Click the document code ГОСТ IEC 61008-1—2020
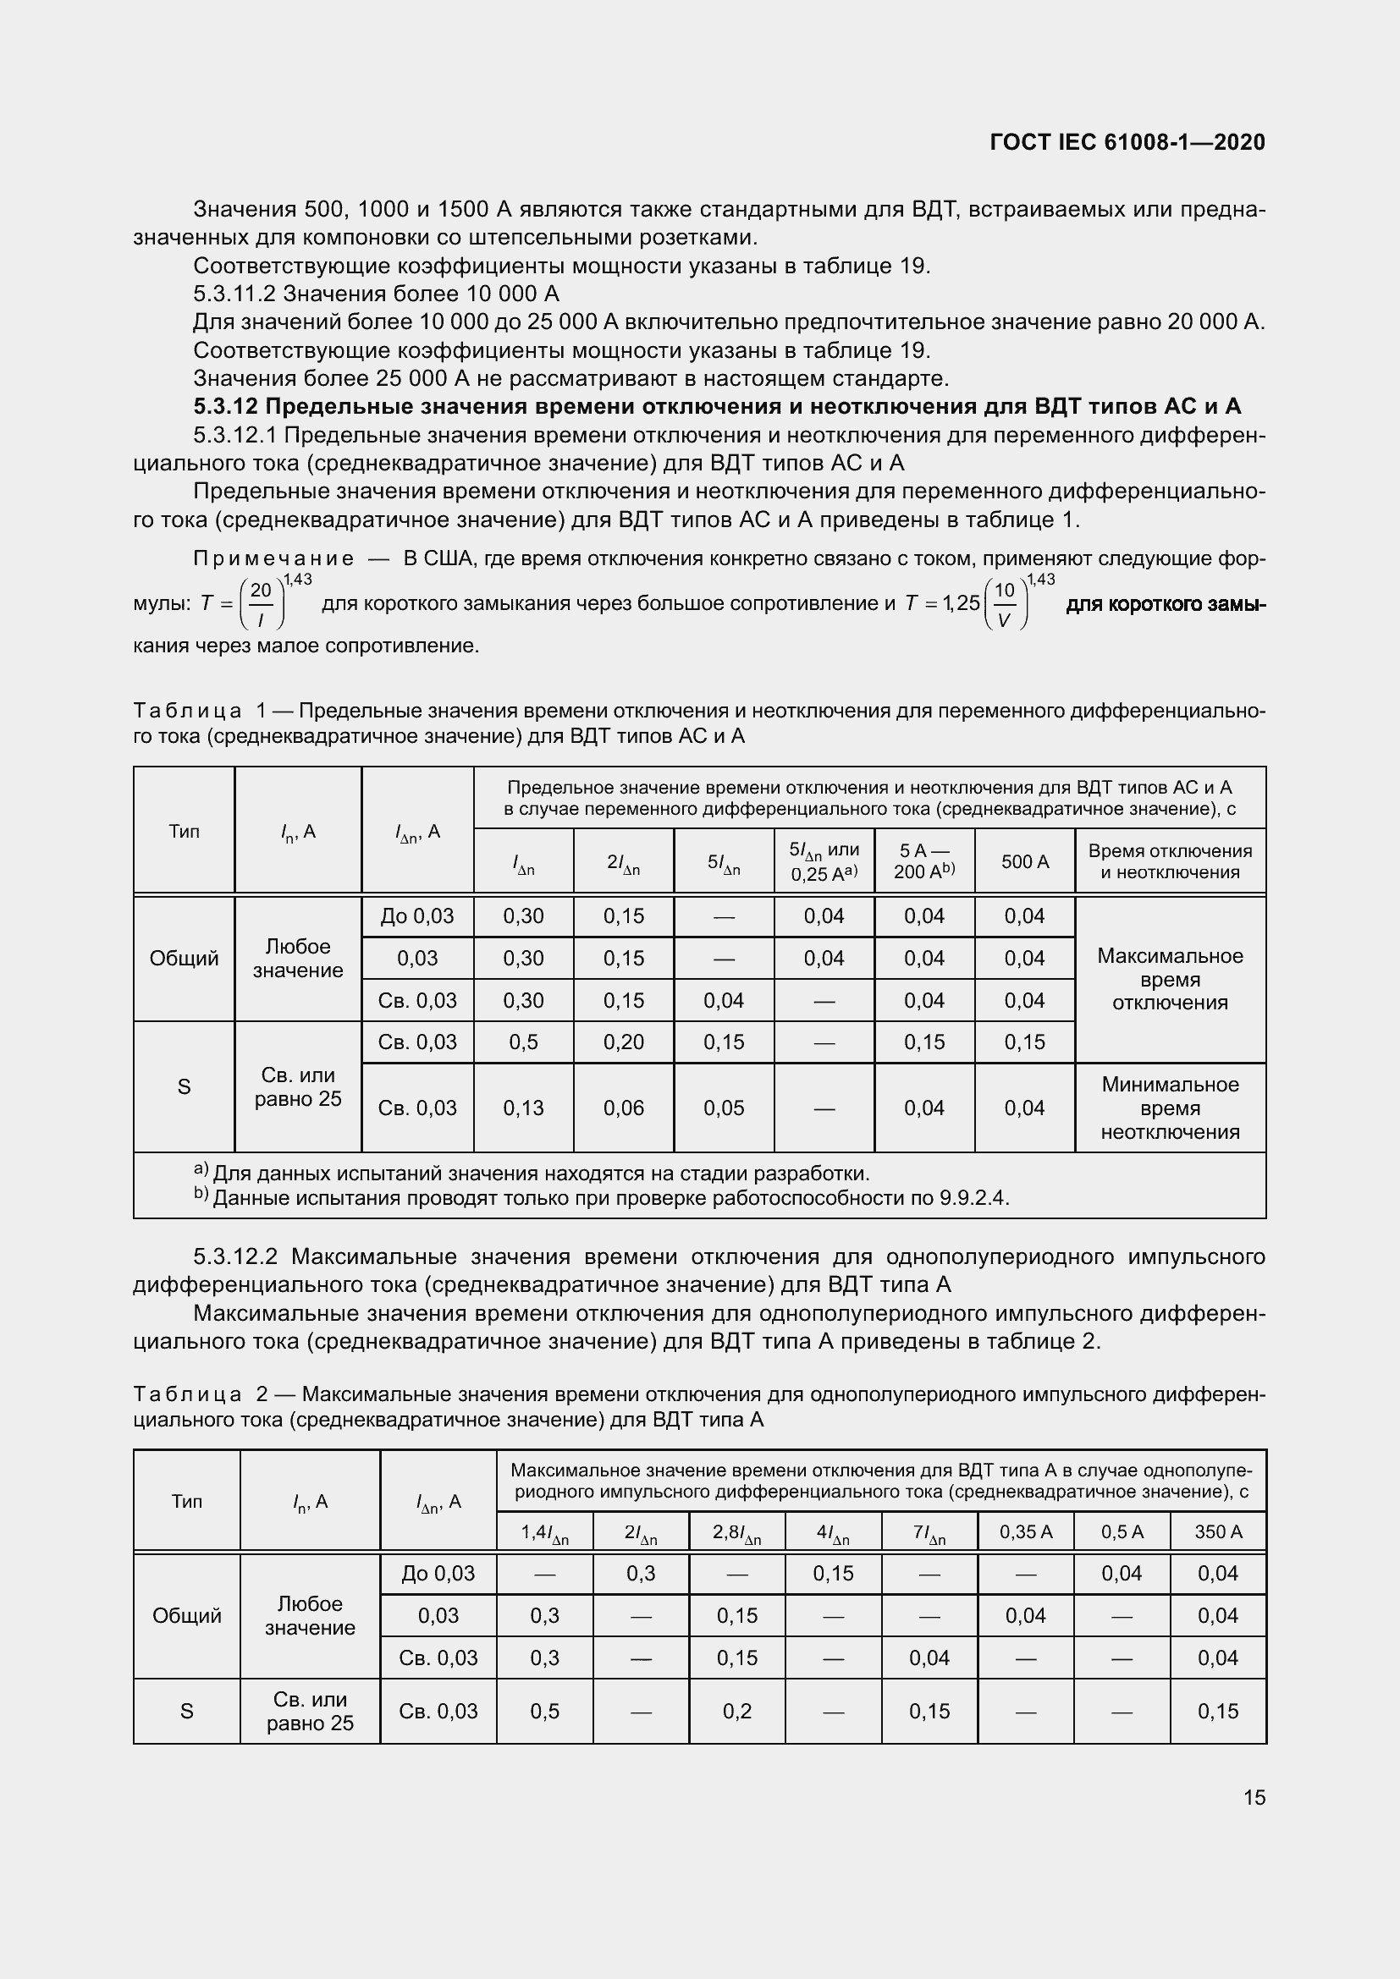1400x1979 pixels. pos(1127,142)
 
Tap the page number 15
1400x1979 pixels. pos(1254,1797)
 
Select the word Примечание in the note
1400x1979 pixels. pos(273,558)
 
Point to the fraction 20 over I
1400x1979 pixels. pos(261,603)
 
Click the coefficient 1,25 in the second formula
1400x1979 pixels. pos(962,603)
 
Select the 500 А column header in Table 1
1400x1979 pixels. pos(1024,861)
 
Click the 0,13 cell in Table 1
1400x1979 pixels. pos(523,1108)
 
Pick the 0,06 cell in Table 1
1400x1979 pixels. pos(623,1108)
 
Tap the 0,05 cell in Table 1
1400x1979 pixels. pos(723,1108)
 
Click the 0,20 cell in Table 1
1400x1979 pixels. pos(623,1042)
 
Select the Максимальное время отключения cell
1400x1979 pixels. pos(1170,979)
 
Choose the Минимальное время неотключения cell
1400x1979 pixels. pos(1170,1108)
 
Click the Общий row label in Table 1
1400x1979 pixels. pos(184,959)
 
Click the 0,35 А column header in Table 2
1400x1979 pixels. pos(1025,1531)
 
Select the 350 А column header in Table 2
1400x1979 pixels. pos(1217,1531)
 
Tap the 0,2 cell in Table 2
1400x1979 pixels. pos(737,1711)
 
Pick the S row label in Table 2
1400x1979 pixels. pos(186,1711)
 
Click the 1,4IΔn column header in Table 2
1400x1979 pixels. pos(544,1532)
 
